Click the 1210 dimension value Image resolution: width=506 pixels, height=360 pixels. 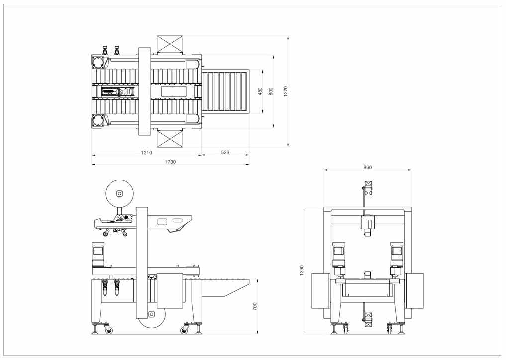pos(146,153)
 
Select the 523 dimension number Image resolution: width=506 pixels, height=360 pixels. pos(225,153)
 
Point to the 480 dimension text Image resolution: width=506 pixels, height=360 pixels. pos(260,92)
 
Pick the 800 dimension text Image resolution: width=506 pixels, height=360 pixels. pos(271,92)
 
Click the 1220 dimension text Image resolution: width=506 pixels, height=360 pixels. pos(286,91)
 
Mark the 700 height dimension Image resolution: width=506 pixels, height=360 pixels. pos(255,306)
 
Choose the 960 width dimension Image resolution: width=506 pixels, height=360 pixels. pos(368,168)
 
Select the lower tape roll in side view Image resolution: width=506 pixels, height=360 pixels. pos(152,314)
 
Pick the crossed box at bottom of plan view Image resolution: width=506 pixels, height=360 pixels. pos(170,138)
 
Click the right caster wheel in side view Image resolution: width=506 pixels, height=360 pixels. pos(185,330)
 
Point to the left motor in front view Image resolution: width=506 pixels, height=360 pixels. pos(339,252)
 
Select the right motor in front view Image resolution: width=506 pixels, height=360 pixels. pos(397,252)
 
